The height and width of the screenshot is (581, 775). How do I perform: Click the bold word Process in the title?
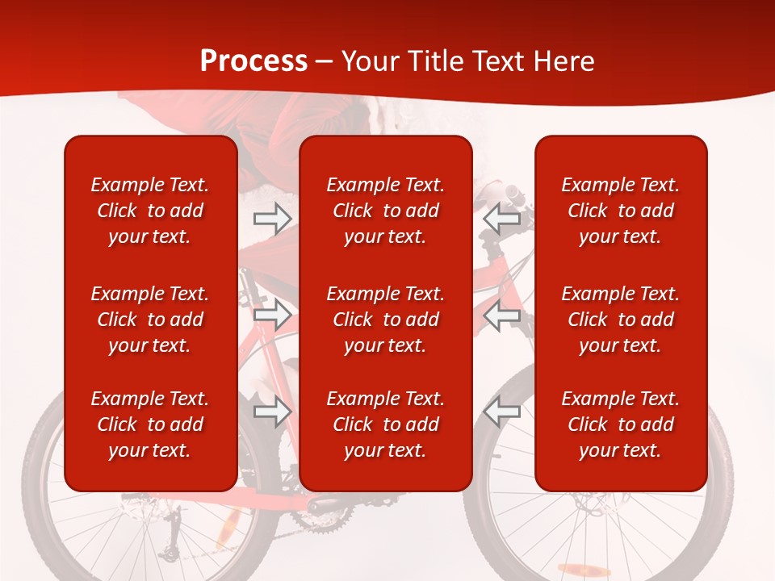(x=253, y=61)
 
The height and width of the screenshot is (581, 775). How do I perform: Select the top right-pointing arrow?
(x=272, y=218)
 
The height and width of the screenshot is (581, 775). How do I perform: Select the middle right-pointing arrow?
(x=272, y=315)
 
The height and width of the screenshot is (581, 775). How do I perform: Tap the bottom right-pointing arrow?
(x=272, y=412)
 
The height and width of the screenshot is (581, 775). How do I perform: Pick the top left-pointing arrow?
(x=502, y=218)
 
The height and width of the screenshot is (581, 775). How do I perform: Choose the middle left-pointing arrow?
(x=502, y=315)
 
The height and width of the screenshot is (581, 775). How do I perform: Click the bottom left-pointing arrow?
(x=502, y=412)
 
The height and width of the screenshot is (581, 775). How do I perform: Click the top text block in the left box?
(x=150, y=211)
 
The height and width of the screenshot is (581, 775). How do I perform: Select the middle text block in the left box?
(x=150, y=320)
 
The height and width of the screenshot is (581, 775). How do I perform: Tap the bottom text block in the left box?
(x=150, y=424)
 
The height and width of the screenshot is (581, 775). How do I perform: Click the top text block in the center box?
(x=385, y=211)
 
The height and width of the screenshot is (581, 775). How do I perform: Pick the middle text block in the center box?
(x=385, y=320)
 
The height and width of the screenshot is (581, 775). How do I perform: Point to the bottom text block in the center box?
(x=385, y=424)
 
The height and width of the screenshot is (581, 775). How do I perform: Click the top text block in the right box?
(x=620, y=211)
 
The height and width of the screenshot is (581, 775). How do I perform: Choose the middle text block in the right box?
(x=620, y=320)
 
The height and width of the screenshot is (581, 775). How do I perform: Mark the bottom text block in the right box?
(x=620, y=424)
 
